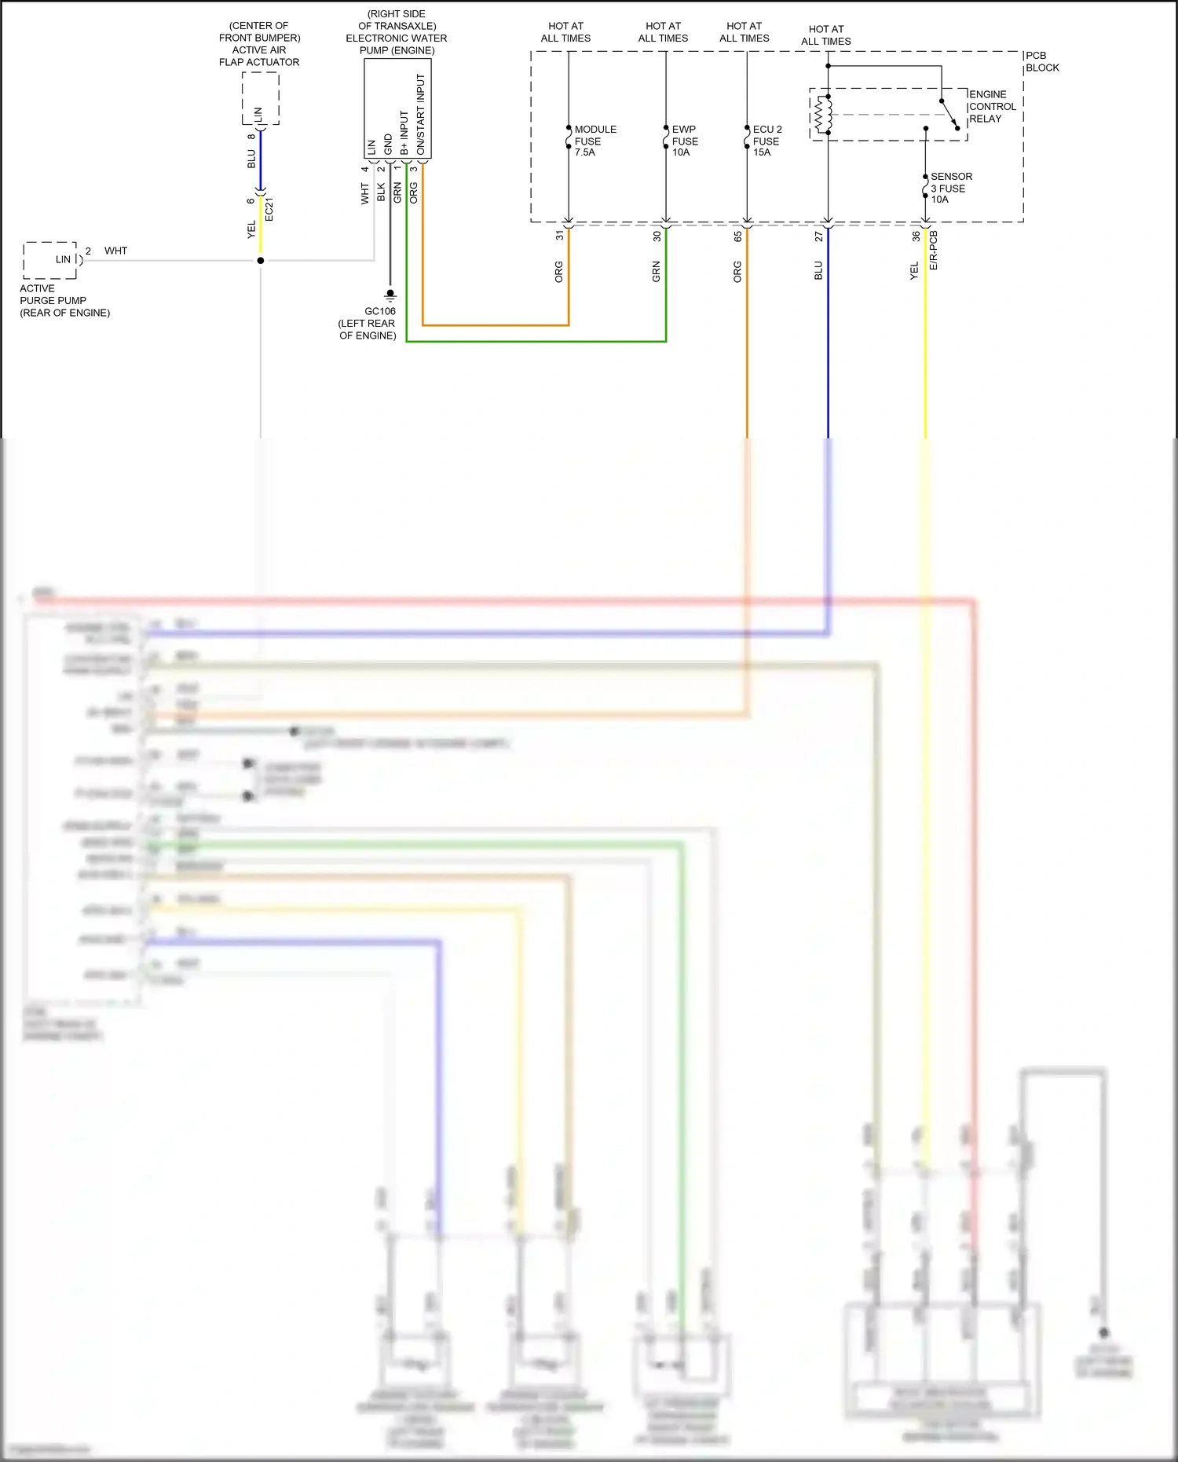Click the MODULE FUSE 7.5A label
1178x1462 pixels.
pyautogui.click(x=594, y=141)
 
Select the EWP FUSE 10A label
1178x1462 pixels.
pyautogui.click(x=684, y=141)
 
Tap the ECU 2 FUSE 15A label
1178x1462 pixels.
pyautogui.click(x=766, y=141)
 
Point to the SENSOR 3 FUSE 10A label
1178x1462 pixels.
pyautogui.click(x=950, y=188)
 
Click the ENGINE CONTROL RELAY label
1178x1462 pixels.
pyautogui.click(x=992, y=107)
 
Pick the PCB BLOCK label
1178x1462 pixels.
pyautogui.click(x=1042, y=62)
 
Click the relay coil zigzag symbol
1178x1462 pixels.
pyautogui.click(x=822, y=115)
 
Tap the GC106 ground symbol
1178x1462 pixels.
pyautogui.click(x=390, y=296)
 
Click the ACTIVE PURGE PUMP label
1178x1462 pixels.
pyautogui.click(x=64, y=300)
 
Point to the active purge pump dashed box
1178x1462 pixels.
pyautogui.click(x=50, y=260)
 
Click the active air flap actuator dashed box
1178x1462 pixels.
pyautogui.click(x=260, y=99)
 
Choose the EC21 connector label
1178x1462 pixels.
pyautogui.click(x=269, y=210)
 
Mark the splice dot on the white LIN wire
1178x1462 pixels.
pyautogui.click(x=261, y=260)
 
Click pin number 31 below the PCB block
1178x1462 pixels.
pyautogui.click(x=560, y=235)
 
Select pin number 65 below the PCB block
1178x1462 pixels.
pyautogui.click(x=738, y=236)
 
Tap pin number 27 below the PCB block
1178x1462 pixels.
pyautogui.click(x=818, y=236)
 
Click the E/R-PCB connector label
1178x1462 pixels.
pyautogui.click(x=934, y=250)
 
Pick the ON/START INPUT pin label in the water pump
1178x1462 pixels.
pyautogui.click(x=420, y=114)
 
